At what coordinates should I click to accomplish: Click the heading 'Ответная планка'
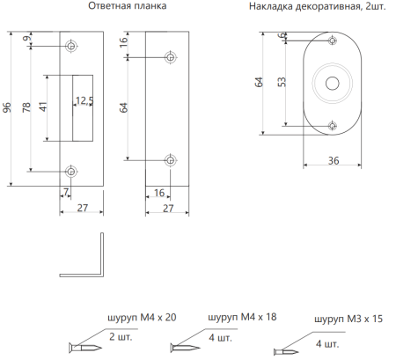coord(127,7)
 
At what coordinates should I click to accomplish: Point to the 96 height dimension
coord(8,108)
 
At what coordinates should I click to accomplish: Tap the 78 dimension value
coord(27,108)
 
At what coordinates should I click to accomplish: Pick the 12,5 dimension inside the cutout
coord(84,100)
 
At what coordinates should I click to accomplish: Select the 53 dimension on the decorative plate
coord(281,83)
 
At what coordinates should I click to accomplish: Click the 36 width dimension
coord(332,160)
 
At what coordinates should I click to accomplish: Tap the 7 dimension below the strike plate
coord(65,191)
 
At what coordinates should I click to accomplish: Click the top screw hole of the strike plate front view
coord(71,45)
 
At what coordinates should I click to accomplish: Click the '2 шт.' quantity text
coord(120,337)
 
